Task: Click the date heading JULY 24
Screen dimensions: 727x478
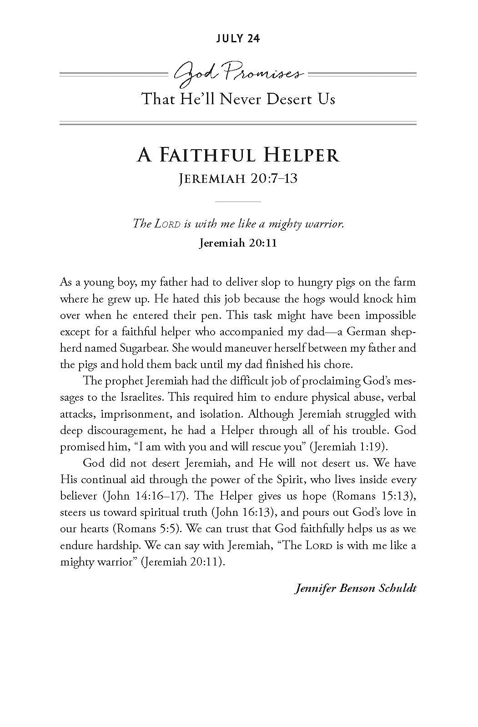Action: point(238,39)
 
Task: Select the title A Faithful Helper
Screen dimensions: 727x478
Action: point(238,155)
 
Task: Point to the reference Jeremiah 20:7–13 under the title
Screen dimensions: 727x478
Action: point(238,178)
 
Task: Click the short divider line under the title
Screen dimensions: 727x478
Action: point(238,201)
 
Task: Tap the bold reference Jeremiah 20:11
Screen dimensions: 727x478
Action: point(238,243)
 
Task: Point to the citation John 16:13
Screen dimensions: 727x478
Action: point(244,512)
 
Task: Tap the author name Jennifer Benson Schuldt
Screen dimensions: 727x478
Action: point(355,588)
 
